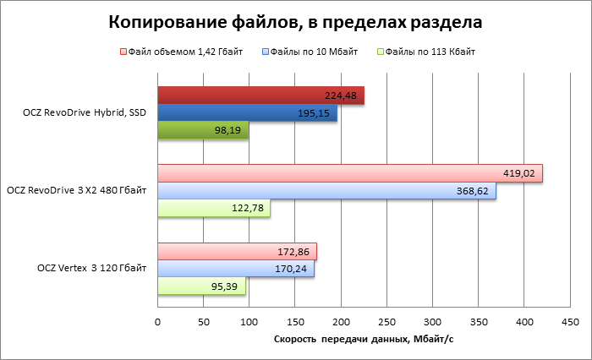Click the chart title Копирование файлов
tap(296, 19)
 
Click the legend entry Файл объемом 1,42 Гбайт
tap(184, 52)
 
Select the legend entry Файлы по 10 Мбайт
tap(312, 52)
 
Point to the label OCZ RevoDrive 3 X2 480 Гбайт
tap(77, 191)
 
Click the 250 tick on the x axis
tap(386, 321)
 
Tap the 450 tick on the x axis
tap(570, 321)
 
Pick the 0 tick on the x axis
tap(158, 321)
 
